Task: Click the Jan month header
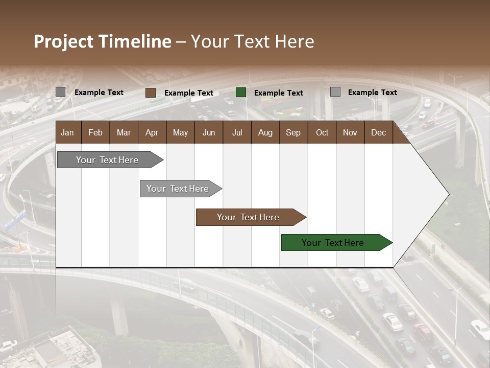pyautogui.click(x=67, y=133)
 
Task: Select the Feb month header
pyautogui.click(x=95, y=133)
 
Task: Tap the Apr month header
pyautogui.click(x=152, y=133)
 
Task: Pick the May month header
pyautogui.click(x=180, y=133)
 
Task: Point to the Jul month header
pyautogui.click(x=237, y=133)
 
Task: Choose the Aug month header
pyautogui.click(x=265, y=133)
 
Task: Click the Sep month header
pyautogui.click(x=293, y=133)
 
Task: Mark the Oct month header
pyautogui.click(x=322, y=133)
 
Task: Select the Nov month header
pyautogui.click(x=350, y=133)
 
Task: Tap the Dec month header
pyautogui.click(x=378, y=133)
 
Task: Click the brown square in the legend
pyautogui.click(x=151, y=93)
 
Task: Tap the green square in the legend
pyautogui.click(x=241, y=93)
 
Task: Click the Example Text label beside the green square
pyautogui.click(x=278, y=93)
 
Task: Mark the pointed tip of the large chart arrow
pyautogui.click(x=448, y=194)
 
